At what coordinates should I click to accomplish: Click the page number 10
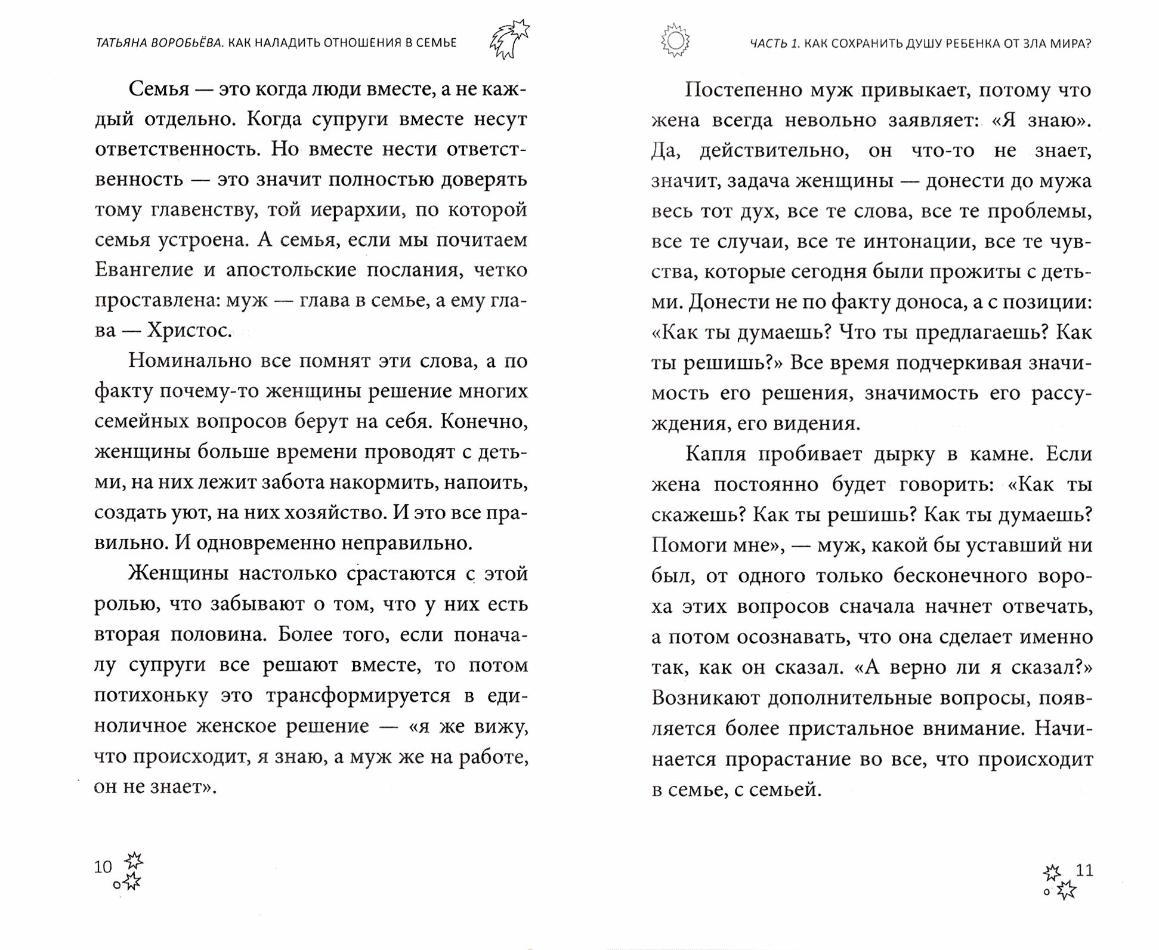[103, 867]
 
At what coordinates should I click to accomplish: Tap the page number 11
[1084, 870]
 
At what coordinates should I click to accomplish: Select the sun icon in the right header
[675, 41]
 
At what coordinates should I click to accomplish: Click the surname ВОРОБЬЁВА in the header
[188, 42]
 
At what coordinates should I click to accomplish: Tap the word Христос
[189, 330]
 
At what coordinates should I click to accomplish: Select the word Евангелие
[144, 270]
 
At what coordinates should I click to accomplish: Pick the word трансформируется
[358, 696]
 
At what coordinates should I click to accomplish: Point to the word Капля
[715, 454]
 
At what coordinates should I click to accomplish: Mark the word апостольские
[290, 270]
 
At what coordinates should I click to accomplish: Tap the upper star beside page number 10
[134, 860]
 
